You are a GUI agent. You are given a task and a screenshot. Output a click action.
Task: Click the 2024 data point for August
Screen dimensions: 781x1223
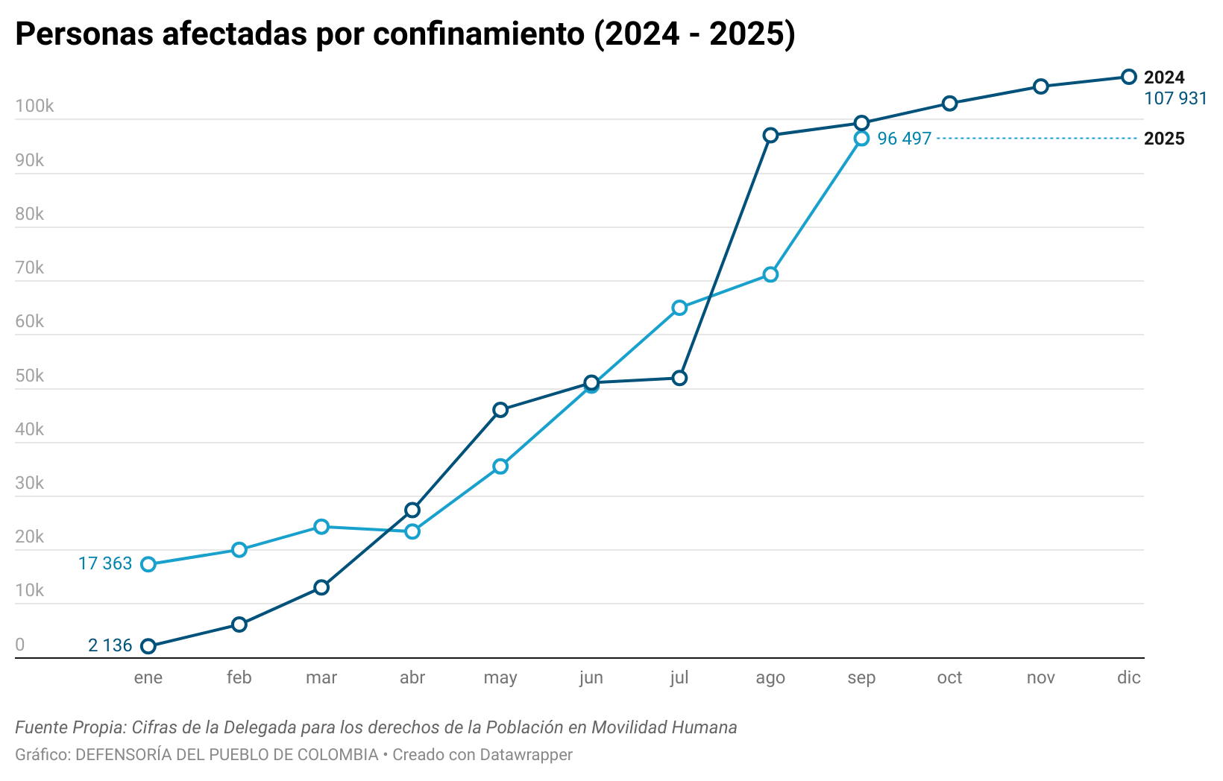pos(770,135)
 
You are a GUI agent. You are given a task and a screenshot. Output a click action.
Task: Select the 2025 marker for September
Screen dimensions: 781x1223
pos(861,139)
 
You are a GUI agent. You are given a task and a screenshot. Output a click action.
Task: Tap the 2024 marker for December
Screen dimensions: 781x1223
pos(1129,77)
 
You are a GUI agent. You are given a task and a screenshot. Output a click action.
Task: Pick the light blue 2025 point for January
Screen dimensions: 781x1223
pos(148,564)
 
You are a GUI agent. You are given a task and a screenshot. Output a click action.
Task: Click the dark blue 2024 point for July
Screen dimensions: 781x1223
pos(679,378)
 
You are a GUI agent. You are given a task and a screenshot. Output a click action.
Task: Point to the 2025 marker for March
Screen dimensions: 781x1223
pos(321,527)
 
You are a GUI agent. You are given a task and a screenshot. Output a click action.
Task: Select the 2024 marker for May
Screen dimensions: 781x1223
pos(500,410)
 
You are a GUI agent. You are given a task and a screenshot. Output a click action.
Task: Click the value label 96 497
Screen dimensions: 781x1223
pos(904,139)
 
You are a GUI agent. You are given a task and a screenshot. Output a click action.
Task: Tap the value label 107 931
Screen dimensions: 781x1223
pos(1175,98)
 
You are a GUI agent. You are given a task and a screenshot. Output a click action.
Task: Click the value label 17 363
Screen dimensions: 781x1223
pos(105,564)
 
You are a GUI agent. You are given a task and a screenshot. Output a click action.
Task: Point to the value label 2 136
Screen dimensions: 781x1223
pos(110,645)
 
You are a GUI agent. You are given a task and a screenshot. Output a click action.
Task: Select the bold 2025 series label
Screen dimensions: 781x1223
pos(1164,139)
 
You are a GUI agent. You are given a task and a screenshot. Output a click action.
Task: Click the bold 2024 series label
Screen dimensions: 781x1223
pos(1164,78)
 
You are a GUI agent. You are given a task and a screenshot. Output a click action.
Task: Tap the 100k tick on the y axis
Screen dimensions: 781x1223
pos(34,107)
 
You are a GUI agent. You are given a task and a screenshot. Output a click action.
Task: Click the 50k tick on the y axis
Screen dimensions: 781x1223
pos(30,376)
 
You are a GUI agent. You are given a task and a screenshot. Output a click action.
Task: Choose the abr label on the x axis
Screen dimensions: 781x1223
pos(412,677)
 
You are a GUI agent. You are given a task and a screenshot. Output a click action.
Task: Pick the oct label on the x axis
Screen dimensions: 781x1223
pos(949,677)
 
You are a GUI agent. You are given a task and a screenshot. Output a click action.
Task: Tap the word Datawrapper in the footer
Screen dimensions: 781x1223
pos(526,754)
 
